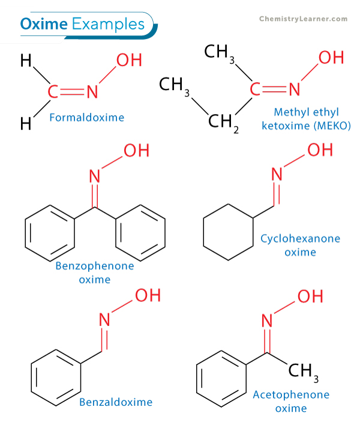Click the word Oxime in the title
click(x=44, y=24)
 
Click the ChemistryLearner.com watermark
click(x=303, y=19)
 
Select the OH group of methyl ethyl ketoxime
click(x=331, y=58)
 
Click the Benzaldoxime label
click(x=115, y=402)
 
